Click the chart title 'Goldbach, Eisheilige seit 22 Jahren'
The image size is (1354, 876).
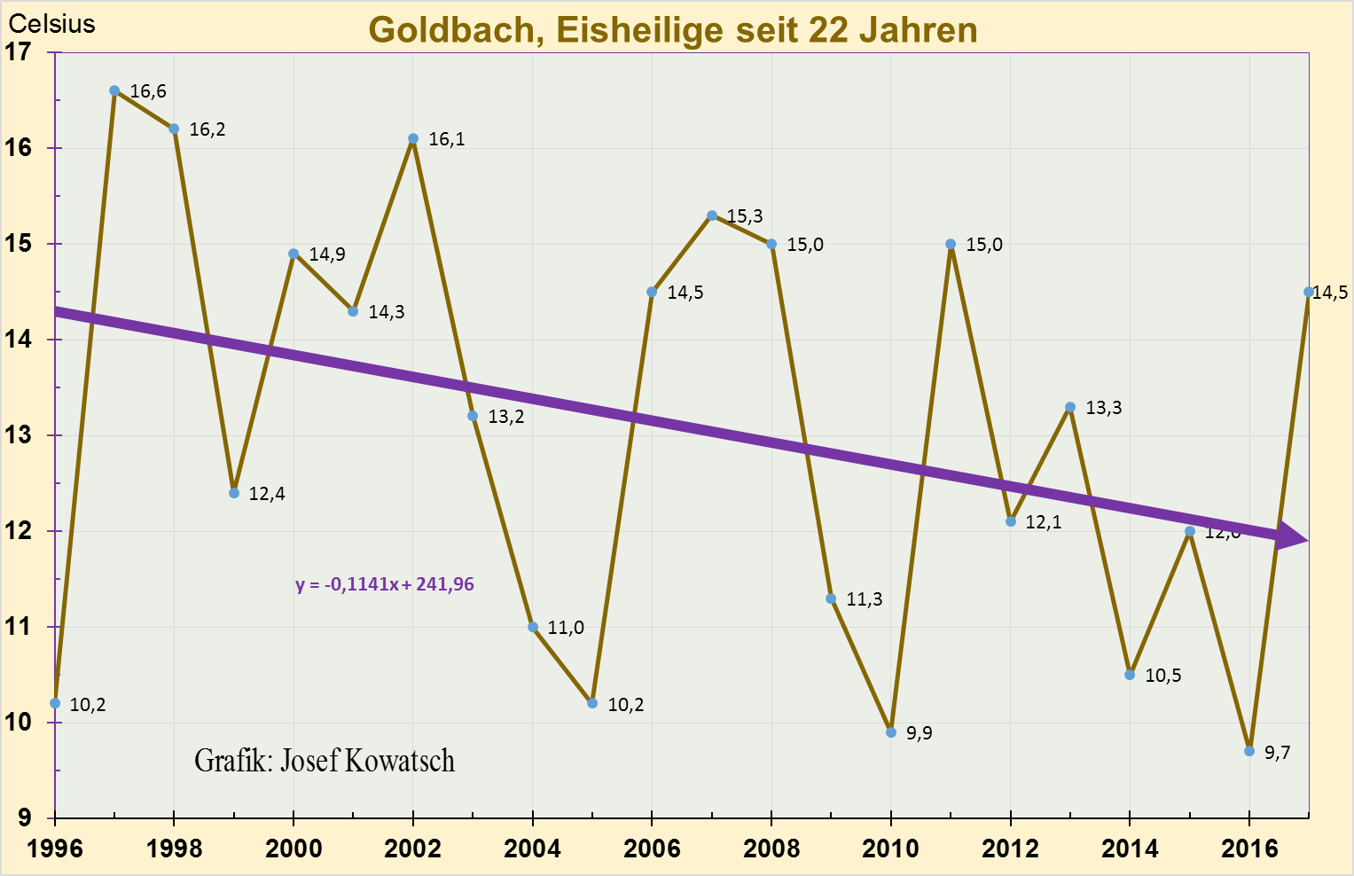tap(672, 30)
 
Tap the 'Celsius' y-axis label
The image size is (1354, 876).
tap(51, 24)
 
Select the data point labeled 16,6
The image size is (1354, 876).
tap(114, 90)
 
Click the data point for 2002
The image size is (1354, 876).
tap(413, 138)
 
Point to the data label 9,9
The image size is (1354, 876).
tap(920, 733)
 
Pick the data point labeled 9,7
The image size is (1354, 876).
tap(1249, 751)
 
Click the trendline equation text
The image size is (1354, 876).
tap(385, 585)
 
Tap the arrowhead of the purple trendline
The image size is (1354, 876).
tap(1293, 536)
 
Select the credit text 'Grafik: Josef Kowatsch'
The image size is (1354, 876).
tap(325, 761)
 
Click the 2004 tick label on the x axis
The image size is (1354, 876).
tap(532, 849)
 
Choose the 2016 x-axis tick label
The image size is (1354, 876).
tap(1249, 849)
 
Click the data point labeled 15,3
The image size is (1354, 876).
tap(712, 215)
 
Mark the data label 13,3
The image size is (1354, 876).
tap(1103, 408)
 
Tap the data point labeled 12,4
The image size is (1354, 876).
tap(234, 493)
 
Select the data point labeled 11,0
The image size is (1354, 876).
tap(533, 627)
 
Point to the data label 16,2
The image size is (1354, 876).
tap(207, 129)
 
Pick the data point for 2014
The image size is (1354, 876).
tap(1130, 675)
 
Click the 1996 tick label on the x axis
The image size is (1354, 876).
tap(55, 849)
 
